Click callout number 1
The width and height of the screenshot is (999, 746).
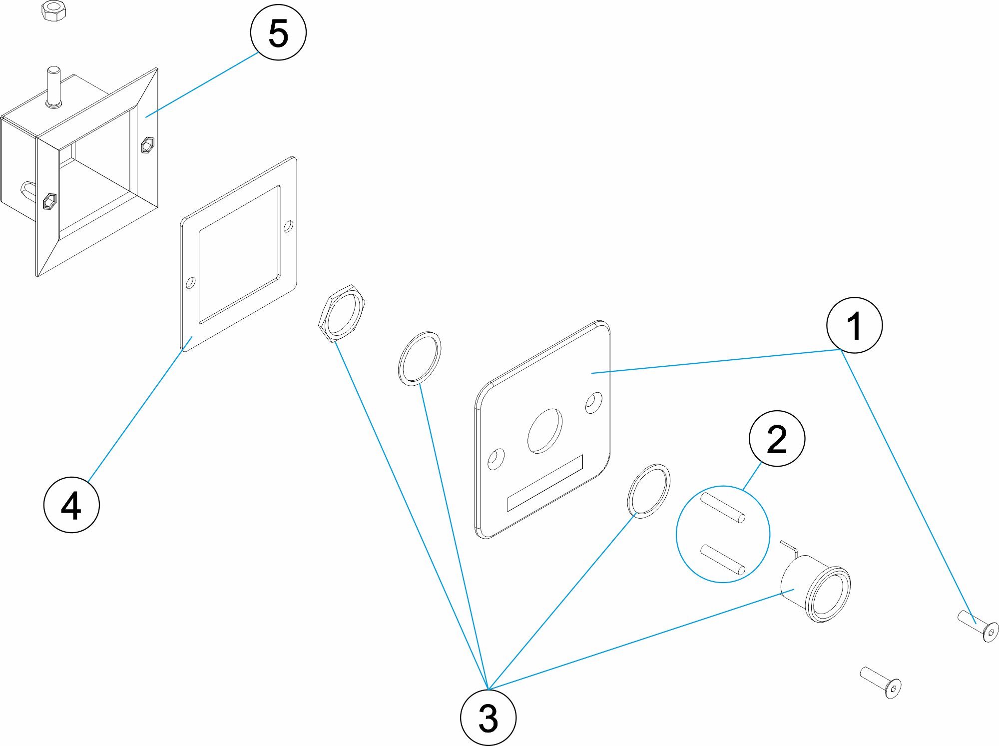854,325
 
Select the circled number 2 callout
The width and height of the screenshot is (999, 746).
777,439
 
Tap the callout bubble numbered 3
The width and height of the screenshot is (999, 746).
488,718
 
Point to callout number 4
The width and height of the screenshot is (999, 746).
71,505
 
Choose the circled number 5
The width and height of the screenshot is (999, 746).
278,32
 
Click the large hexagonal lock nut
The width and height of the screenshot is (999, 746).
342,313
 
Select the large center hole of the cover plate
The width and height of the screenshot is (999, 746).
544,430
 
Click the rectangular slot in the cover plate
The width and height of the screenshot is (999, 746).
545,483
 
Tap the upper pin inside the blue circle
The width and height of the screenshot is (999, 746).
723,507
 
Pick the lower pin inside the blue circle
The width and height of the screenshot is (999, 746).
723,560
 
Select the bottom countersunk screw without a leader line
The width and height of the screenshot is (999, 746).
881,682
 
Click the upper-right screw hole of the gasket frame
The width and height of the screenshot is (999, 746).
288,227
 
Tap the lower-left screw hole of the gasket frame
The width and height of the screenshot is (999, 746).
190,283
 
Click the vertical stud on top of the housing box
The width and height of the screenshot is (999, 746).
53,87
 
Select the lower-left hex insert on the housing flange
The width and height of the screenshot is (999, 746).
49,201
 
